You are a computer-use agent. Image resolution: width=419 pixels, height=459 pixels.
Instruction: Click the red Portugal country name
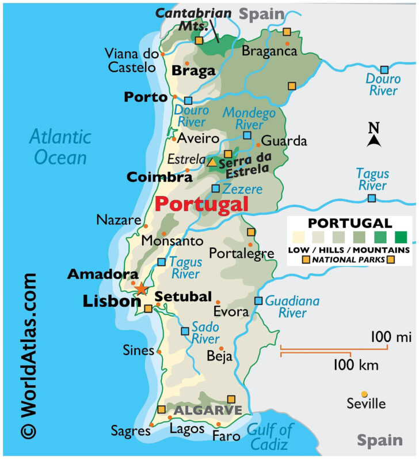pyautogui.click(x=201, y=204)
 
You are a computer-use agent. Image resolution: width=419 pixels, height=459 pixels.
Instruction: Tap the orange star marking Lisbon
pyautogui.click(x=140, y=289)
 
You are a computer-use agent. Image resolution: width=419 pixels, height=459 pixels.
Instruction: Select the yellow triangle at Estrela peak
pyautogui.click(x=212, y=163)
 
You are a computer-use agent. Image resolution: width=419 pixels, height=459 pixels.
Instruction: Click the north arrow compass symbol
pyautogui.click(x=374, y=136)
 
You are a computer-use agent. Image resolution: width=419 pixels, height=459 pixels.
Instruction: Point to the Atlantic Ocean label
pyautogui.click(x=60, y=147)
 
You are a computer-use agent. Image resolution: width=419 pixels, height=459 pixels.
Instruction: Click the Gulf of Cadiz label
pyautogui.click(x=271, y=437)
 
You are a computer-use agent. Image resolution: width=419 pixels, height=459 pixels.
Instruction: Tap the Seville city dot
pyautogui.click(x=364, y=394)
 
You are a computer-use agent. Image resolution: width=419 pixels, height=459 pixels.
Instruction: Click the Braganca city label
pyautogui.click(x=269, y=51)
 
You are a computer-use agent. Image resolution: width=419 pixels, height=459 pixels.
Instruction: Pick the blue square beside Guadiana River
pyautogui.click(x=258, y=300)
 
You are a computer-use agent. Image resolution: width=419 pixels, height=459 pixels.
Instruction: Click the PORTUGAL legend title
pyautogui.click(x=350, y=223)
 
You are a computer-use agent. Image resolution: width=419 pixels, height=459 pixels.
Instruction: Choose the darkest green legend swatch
pyautogui.click(x=401, y=236)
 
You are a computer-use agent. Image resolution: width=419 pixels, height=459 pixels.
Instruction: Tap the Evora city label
pyautogui.click(x=231, y=312)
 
